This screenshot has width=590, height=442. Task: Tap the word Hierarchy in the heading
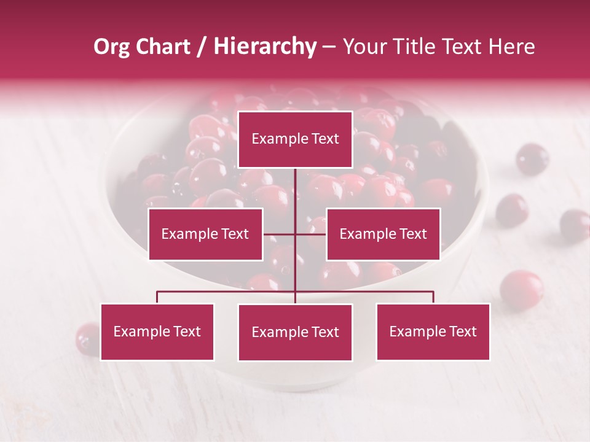click(265, 47)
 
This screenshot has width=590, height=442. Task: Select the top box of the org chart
click(295, 139)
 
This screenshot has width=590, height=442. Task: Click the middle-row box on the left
click(205, 234)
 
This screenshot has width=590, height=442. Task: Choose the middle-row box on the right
click(383, 234)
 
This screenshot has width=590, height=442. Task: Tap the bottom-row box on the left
click(157, 331)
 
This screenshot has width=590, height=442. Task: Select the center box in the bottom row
click(295, 332)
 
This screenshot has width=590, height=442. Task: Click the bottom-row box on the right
click(433, 331)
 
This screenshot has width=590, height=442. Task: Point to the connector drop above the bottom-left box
click(157, 297)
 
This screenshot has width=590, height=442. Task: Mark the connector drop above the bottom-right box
click(433, 297)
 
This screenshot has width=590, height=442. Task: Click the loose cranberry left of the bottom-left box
click(87, 339)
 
